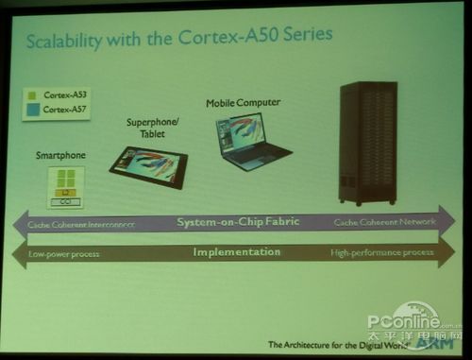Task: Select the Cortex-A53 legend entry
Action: pos(63,94)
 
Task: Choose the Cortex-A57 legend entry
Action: pos(63,110)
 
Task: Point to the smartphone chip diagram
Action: pos(66,187)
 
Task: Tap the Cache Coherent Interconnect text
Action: pos(81,225)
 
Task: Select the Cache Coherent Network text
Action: pos(385,221)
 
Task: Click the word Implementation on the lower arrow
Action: pos(236,252)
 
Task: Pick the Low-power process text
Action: pos(64,254)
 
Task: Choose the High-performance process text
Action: pos(381,252)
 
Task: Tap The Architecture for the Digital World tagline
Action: pos(332,345)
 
